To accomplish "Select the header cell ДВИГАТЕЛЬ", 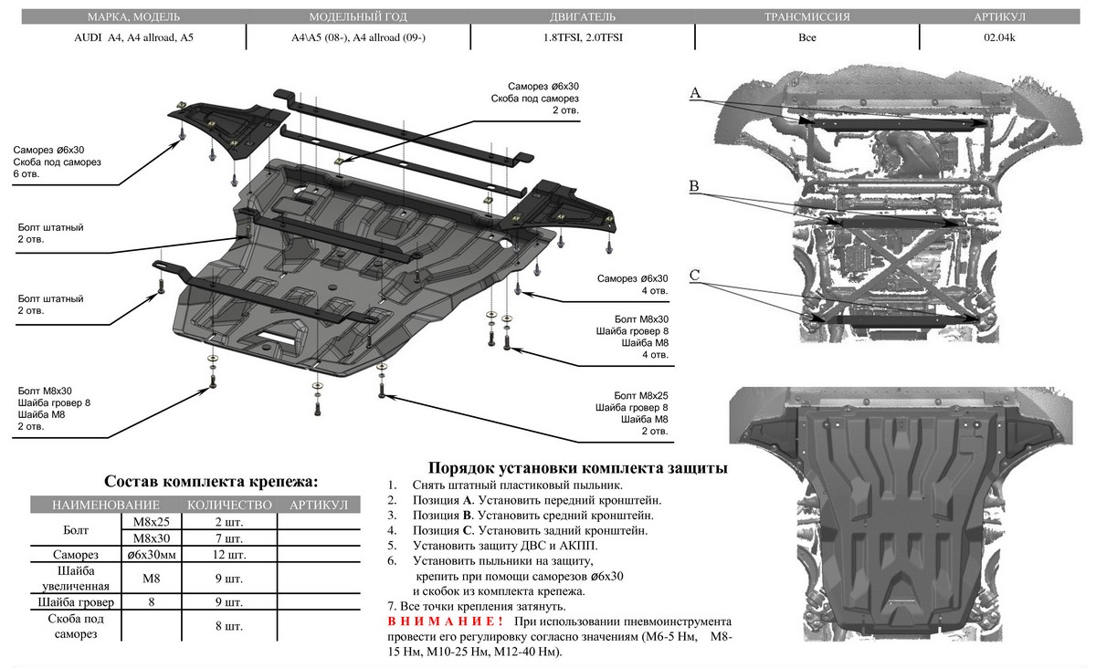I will (x=582, y=17).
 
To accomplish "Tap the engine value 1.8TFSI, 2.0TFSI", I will (x=582, y=38).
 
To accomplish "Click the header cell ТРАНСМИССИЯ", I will (x=806, y=17).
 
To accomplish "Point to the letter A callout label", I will (x=695, y=93).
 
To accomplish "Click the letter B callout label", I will (x=695, y=187).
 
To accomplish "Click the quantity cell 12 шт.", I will (x=227, y=555).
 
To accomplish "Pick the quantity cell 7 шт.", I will (x=227, y=538).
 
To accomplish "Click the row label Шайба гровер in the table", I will (x=75, y=602).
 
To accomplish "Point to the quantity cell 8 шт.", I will (x=227, y=626).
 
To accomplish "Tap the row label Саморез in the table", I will (x=75, y=555).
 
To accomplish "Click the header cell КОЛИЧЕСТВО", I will (x=229, y=506).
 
